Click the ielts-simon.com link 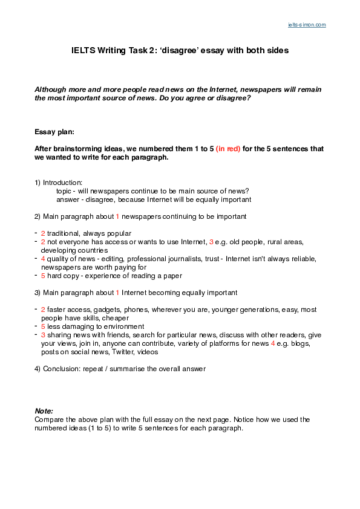[306, 25]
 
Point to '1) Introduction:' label [58, 182]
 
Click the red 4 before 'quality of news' [43, 258]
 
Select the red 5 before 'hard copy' [43, 275]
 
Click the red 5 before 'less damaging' [43, 326]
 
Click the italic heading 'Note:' [44, 410]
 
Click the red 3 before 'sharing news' [43, 334]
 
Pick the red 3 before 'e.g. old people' [211, 241]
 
